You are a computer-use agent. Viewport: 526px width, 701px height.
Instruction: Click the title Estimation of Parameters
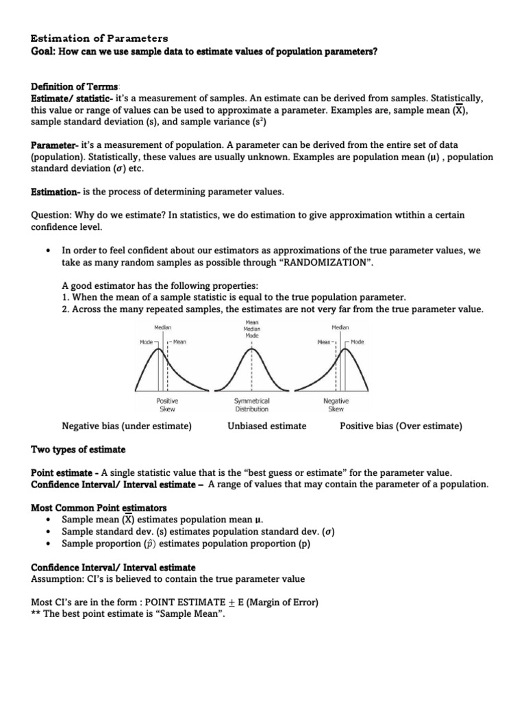click(99, 38)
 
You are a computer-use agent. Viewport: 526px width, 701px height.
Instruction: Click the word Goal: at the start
click(45, 51)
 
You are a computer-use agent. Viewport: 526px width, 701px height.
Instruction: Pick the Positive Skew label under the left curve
click(167, 405)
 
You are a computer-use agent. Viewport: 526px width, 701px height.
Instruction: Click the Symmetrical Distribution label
click(251, 405)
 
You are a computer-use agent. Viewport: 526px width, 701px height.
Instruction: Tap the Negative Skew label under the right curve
click(336, 405)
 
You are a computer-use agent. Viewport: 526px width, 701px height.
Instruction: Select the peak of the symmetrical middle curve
click(251, 350)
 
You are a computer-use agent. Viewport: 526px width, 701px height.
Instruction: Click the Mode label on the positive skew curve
click(147, 342)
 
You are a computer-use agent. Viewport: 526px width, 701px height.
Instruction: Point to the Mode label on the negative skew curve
click(358, 342)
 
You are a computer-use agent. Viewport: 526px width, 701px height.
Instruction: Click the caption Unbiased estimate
click(266, 426)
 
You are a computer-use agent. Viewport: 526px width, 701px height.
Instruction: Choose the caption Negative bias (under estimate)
click(127, 426)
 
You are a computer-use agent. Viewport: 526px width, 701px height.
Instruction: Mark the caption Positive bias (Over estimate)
click(401, 426)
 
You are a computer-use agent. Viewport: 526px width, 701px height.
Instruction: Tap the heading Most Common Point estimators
click(99, 508)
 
